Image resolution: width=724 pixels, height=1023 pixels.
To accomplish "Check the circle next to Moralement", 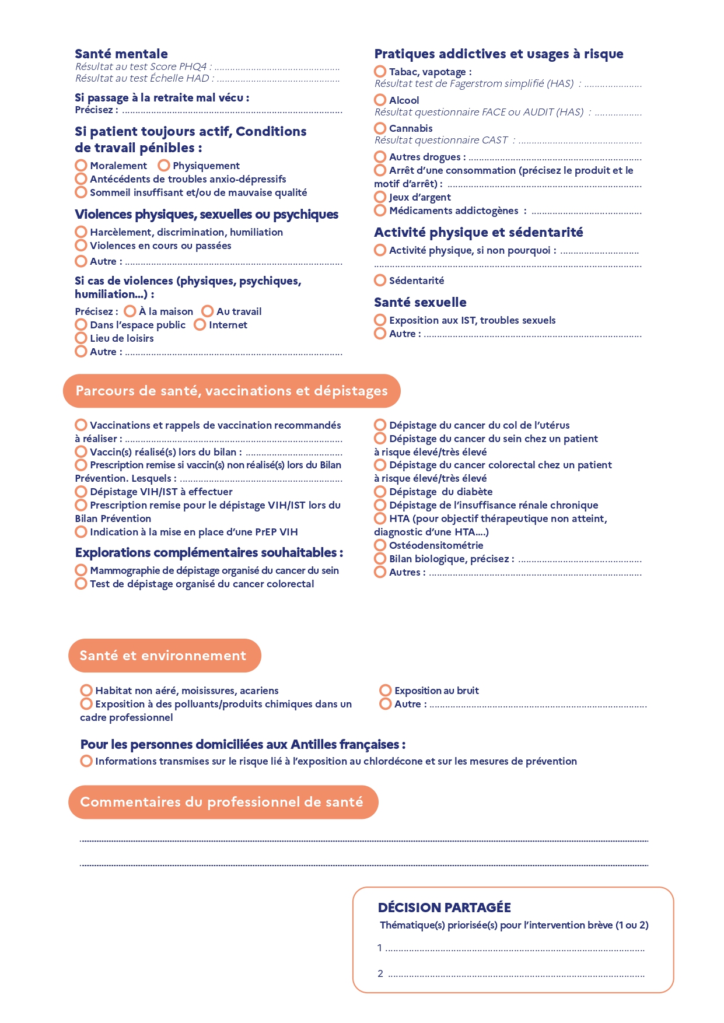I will click(81, 166).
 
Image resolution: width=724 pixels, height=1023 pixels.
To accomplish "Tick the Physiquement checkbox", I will click(164, 166).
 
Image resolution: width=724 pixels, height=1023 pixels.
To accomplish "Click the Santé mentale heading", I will click(121, 54).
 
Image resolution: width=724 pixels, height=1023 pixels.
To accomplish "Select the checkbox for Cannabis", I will click(380, 128).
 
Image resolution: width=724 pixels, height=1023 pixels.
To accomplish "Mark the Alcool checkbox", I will click(380, 100).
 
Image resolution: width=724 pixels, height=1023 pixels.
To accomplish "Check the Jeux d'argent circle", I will click(380, 197).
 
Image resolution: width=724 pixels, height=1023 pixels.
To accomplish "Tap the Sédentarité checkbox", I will click(380, 281).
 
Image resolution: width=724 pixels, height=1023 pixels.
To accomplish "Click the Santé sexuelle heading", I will click(420, 302).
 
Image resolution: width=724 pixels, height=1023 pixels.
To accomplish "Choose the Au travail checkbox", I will click(208, 311).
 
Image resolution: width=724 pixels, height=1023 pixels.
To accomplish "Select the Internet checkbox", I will click(200, 325).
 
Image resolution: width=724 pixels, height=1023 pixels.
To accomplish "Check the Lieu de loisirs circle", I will click(81, 338).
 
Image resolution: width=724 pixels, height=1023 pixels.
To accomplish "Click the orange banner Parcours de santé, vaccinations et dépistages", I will click(232, 391).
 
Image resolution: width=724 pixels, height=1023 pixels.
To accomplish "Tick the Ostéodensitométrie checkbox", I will click(380, 545).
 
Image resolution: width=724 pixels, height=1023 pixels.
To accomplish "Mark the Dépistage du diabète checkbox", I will click(380, 492).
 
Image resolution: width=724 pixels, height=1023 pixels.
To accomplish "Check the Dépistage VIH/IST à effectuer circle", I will click(81, 492).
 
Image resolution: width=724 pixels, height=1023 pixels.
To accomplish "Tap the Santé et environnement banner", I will click(164, 656).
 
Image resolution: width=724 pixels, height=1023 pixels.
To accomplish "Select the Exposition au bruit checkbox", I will click(386, 691).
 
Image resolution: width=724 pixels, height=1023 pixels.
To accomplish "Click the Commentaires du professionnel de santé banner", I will click(222, 802).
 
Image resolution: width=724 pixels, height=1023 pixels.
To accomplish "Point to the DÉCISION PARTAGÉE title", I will click(445, 908).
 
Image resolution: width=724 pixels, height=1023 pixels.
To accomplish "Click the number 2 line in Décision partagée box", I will click(516, 974).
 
